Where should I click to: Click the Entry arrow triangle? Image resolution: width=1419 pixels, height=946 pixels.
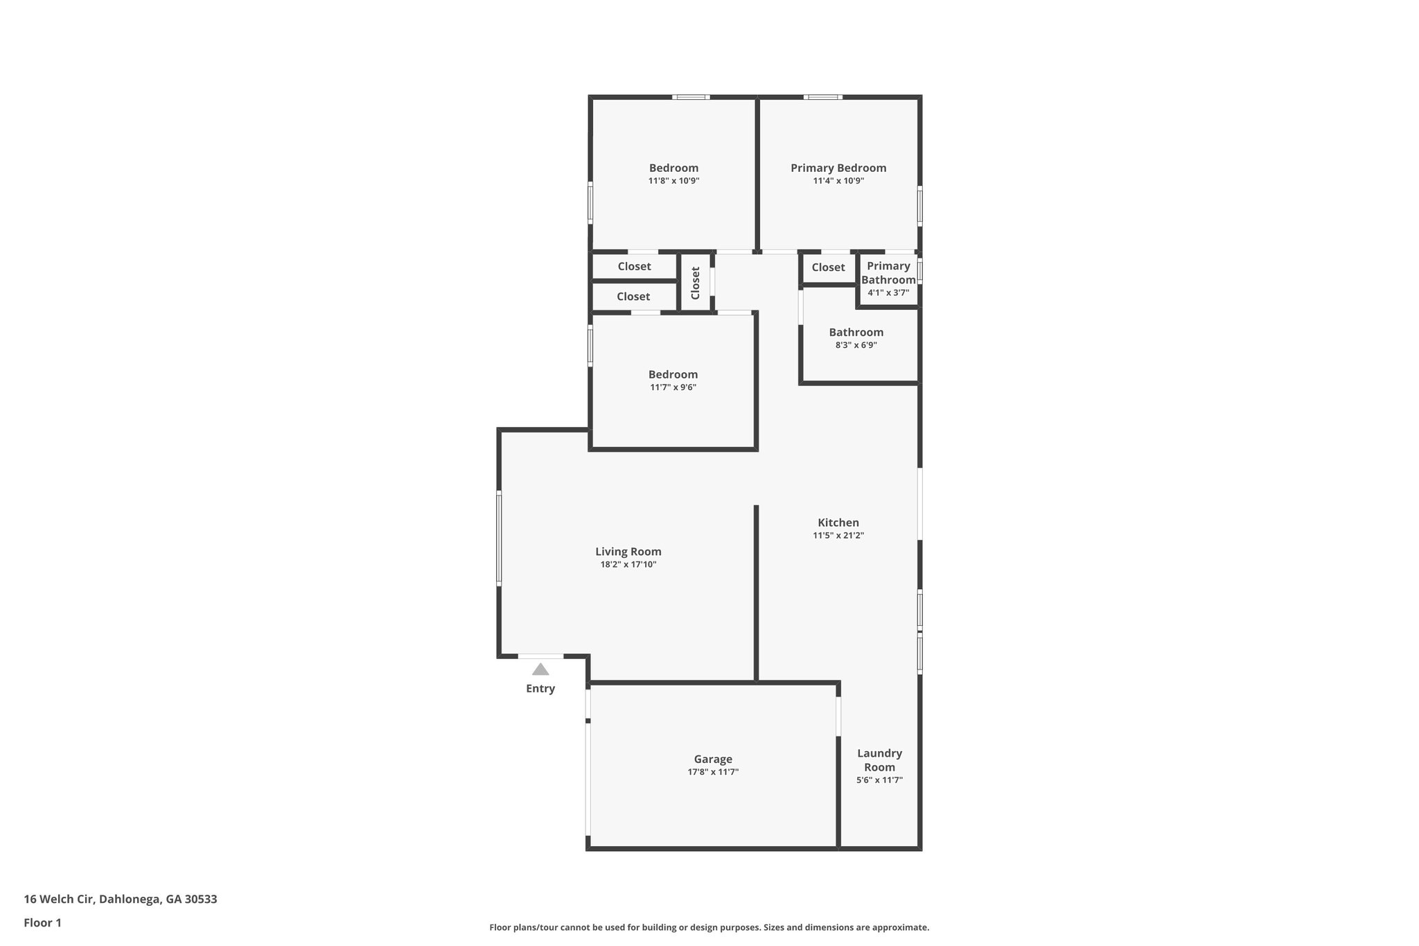[540, 669]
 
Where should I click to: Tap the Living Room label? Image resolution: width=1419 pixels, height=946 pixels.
[628, 552]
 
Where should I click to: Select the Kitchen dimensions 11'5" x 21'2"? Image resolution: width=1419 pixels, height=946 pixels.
[838, 536]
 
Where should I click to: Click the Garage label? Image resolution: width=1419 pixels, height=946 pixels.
[713, 759]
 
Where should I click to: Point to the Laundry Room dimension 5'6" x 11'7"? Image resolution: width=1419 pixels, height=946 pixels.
[879, 780]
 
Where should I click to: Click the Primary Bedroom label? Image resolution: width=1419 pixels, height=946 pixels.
[838, 168]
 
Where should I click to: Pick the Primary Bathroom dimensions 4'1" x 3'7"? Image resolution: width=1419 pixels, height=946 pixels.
[888, 293]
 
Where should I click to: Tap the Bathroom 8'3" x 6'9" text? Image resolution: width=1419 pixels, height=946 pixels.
[856, 345]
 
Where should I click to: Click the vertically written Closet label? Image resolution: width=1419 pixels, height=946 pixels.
[696, 283]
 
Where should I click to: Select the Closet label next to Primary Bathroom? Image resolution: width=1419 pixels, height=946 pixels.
[828, 268]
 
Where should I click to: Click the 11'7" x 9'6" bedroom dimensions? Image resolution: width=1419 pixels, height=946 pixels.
[673, 387]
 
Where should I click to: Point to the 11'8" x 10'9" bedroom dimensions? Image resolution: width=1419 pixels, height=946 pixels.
[673, 181]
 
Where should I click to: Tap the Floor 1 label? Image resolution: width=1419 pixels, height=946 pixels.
[43, 922]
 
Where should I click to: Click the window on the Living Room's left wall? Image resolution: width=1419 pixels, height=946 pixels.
[499, 538]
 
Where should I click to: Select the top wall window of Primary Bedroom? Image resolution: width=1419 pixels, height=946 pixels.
[823, 97]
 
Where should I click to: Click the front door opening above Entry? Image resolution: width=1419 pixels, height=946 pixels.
[540, 656]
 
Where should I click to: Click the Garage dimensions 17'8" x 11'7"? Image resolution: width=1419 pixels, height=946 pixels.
[713, 772]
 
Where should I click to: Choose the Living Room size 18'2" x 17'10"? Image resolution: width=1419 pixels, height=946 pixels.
[628, 565]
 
